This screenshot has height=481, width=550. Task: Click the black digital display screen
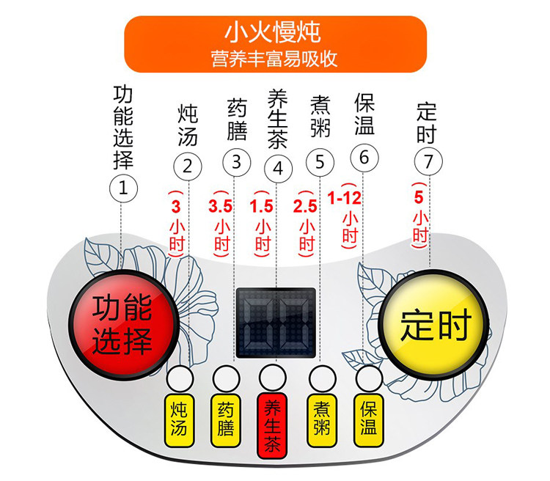tap(276, 322)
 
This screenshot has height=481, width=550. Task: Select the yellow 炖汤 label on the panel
tap(178, 416)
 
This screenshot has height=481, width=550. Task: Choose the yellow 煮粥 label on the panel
tap(320, 416)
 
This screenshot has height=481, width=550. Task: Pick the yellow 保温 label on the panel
tap(367, 416)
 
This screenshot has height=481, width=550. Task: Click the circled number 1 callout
tap(123, 188)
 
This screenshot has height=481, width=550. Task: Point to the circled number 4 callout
tap(277, 168)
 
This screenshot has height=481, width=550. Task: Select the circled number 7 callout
tap(428, 161)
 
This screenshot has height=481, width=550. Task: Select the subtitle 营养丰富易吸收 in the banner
tap(274, 59)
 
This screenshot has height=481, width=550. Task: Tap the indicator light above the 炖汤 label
tap(178, 378)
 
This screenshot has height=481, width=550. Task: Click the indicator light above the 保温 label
tap(367, 378)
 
